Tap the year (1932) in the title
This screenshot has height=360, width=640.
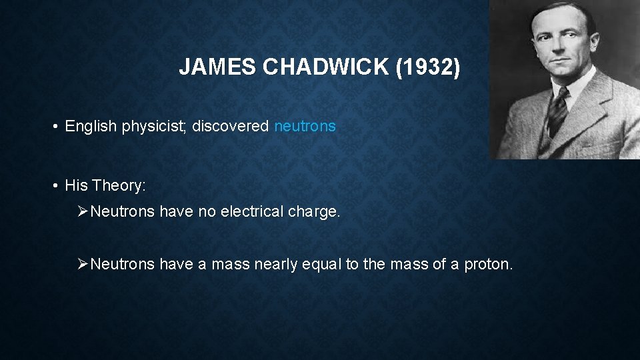point(427,68)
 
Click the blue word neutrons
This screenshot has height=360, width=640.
point(305,126)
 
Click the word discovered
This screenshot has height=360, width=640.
point(231,126)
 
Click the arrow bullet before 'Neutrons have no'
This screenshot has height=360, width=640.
point(83,212)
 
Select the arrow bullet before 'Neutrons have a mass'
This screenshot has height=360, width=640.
point(83,264)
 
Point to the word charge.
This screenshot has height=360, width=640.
point(313,212)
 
